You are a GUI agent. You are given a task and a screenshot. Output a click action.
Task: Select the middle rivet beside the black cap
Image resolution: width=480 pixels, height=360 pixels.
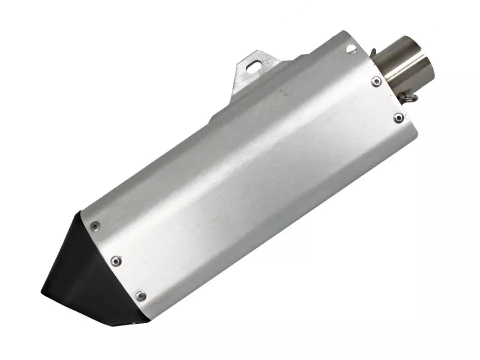(116, 260)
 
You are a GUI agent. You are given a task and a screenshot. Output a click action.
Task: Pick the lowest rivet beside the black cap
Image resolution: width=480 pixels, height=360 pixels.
(141, 295)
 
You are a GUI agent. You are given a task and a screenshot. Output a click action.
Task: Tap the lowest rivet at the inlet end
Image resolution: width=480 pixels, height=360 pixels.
(398, 118)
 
